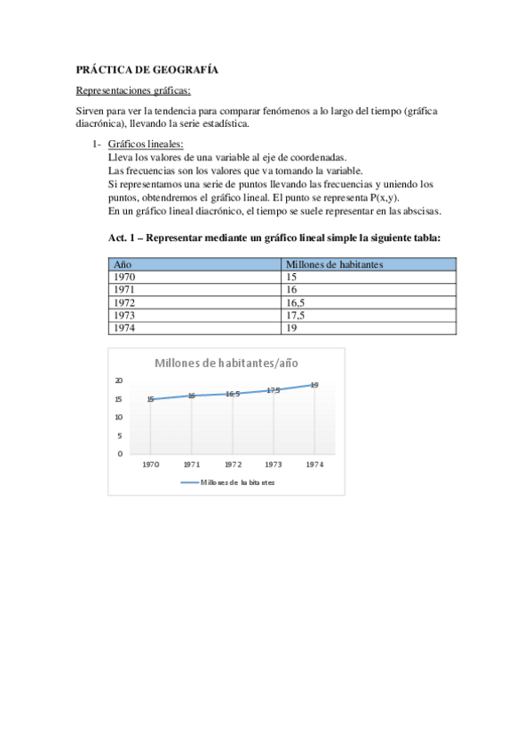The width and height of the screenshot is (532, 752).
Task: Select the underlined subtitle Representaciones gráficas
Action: pyautogui.click(x=133, y=90)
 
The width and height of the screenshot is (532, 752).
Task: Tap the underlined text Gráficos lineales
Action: pyautogui.click(x=147, y=144)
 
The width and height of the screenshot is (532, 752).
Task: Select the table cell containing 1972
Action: pyautogui.click(x=124, y=302)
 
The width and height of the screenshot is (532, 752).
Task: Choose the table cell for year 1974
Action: pyautogui.click(x=124, y=327)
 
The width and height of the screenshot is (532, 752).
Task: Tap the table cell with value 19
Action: pyautogui.click(x=292, y=327)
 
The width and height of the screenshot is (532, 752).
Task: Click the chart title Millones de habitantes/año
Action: pyautogui.click(x=226, y=363)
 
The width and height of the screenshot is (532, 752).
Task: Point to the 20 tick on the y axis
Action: pyautogui.click(x=119, y=380)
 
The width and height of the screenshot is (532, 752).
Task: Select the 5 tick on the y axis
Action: pyautogui.click(x=120, y=435)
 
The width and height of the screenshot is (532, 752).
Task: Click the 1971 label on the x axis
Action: pyautogui.click(x=192, y=464)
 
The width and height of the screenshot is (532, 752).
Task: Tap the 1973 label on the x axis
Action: pyautogui.click(x=274, y=464)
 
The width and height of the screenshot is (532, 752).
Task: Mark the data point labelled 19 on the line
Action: pyautogui.click(x=314, y=385)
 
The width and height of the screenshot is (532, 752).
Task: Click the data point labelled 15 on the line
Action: pyautogui.click(x=150, y=399)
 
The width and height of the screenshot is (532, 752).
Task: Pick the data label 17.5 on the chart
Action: pyautogui.click(x=274, y=390)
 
